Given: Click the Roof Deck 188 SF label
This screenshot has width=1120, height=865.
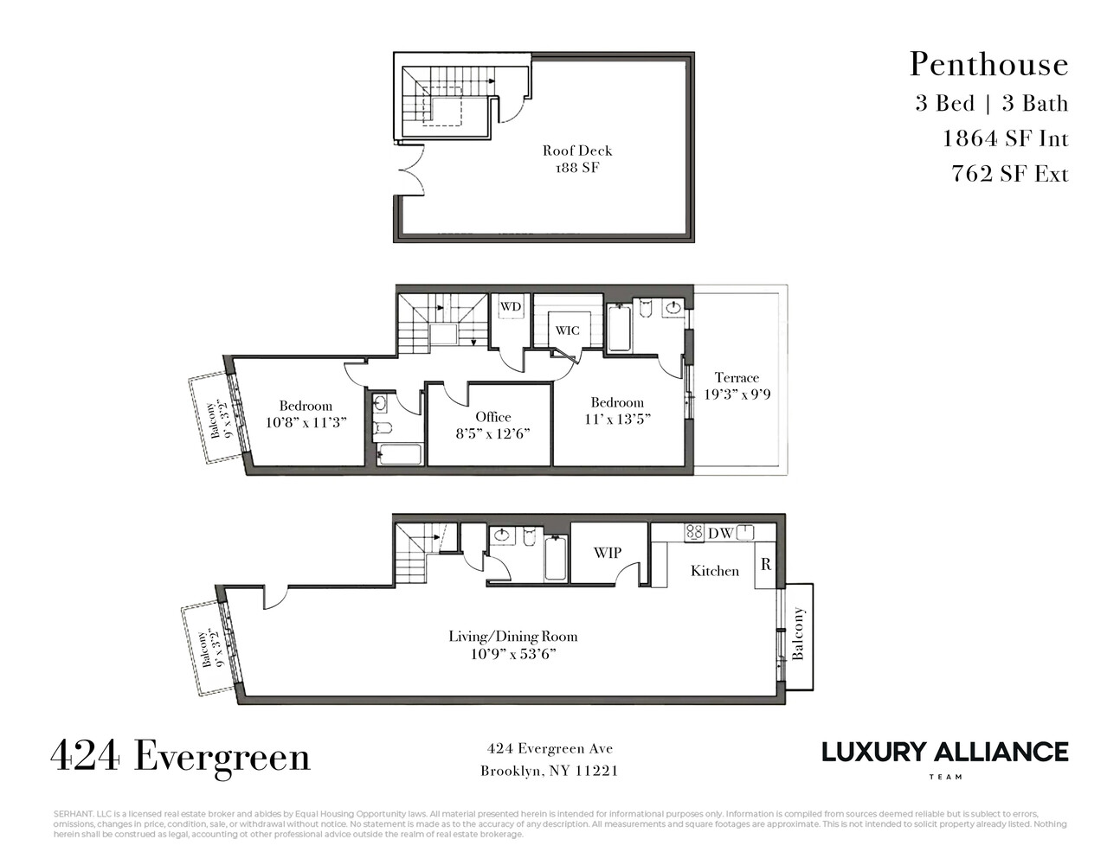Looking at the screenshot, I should tap(577, 159).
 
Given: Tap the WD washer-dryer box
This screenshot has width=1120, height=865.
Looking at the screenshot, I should tap(511, 307).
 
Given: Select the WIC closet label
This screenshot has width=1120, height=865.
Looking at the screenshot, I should tap(567, 330).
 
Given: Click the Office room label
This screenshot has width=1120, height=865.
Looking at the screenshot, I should tap(492, 425).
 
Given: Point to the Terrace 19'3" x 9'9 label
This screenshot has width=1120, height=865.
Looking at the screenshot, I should tap(737, 386).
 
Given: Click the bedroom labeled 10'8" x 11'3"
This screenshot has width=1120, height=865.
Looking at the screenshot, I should tap(306, 414).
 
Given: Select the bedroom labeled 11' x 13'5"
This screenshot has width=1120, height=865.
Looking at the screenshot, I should tap(617, 410).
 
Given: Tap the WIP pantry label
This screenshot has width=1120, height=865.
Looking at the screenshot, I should tap(607, 553).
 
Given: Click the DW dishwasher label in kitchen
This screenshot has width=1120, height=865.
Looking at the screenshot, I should tap(719, 534).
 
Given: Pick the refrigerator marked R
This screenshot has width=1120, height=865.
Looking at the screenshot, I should tap(766, 565).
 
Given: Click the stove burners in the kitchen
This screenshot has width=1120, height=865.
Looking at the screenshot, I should tap(694, 533).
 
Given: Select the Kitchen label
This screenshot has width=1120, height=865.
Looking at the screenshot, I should tap(715, 571).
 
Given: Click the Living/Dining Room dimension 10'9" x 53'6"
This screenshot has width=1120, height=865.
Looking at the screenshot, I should tap(512, 654).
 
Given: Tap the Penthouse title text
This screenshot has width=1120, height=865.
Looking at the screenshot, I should tap(988, 65).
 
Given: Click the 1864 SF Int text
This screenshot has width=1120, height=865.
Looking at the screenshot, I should tap(1005, 138).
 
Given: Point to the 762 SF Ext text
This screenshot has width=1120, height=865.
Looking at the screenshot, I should tap(1009, 174).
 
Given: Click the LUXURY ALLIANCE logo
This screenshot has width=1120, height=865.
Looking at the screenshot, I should tap(944, 753).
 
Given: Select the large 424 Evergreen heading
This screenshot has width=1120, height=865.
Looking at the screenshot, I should tap(180, 756).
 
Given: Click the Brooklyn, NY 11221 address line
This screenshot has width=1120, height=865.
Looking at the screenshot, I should tap(549, 771).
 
